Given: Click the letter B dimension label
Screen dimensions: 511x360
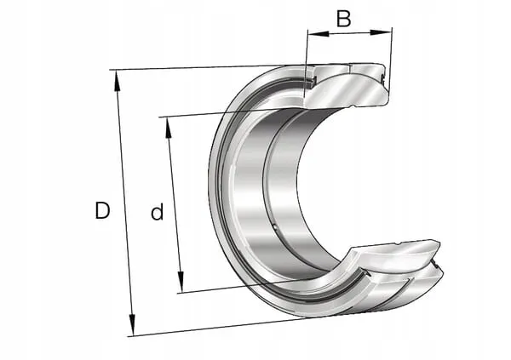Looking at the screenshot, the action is [x=343, y=19].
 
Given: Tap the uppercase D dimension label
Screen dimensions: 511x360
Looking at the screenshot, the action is [x=102, y=210].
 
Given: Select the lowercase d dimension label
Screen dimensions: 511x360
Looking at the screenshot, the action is [x=157, y=212].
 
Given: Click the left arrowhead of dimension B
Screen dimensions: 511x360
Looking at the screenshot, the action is [x=318, y=33].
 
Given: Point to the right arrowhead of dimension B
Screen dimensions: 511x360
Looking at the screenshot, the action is [x=381, y=32].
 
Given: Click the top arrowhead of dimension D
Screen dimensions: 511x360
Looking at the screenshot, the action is [x=117, y=81].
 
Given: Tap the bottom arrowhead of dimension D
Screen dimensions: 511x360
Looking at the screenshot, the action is [x=132, y=324].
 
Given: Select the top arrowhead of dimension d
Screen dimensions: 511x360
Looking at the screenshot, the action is [x=169, y=128].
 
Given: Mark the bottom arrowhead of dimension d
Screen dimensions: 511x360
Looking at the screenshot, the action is [x=181, y=282].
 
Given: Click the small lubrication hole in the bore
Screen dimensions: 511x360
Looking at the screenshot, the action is [x=274, y=226].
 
